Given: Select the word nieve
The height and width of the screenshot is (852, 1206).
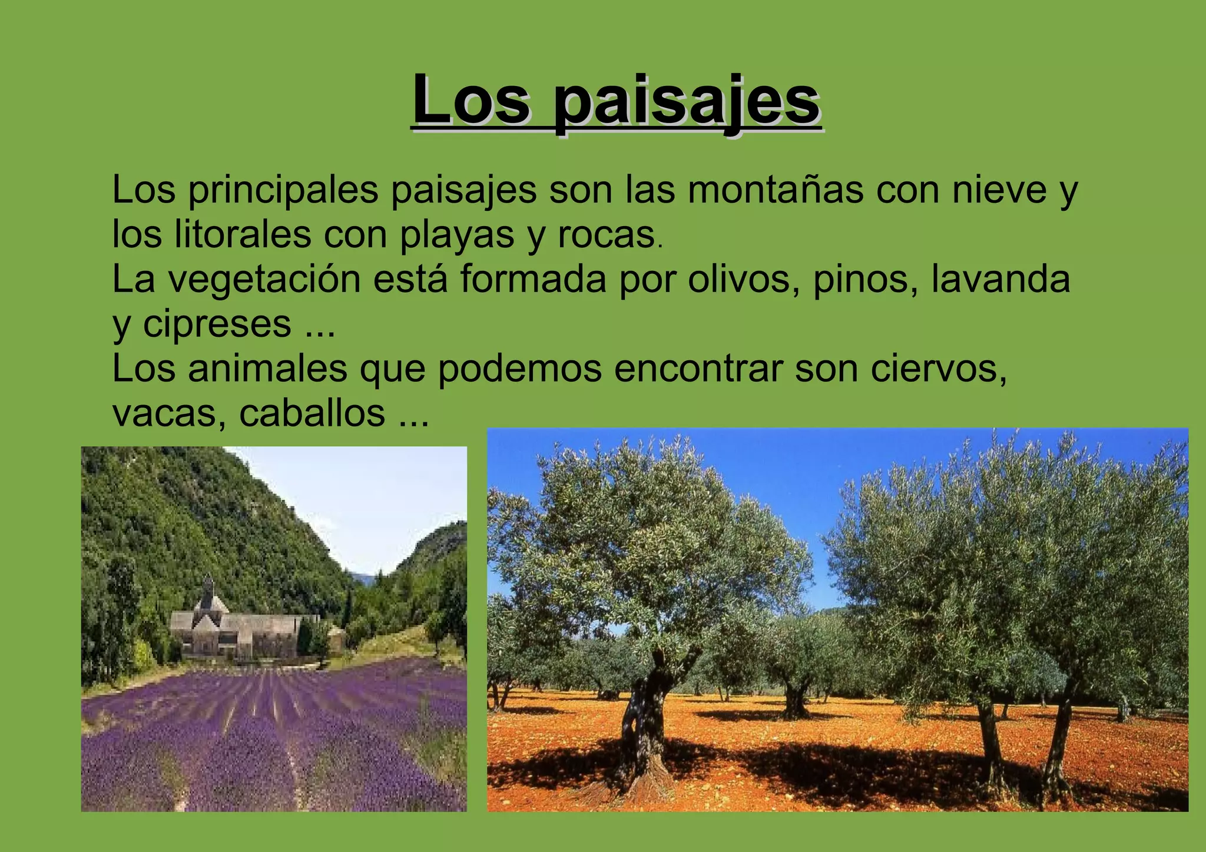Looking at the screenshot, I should tap(999, 190).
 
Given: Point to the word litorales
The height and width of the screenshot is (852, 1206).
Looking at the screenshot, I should tap(243, 234).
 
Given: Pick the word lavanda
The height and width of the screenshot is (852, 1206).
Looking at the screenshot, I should tap(1000, 279).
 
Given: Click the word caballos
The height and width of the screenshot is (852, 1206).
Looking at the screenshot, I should tap(312, 413).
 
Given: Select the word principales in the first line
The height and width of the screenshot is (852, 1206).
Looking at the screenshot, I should tap(283, 191).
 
